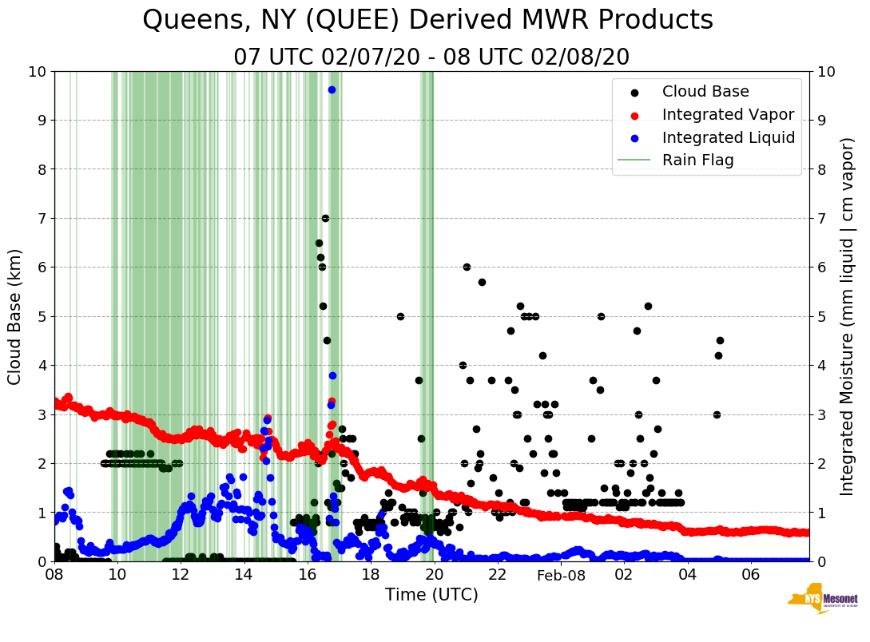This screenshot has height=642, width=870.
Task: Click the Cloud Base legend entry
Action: (705, 92)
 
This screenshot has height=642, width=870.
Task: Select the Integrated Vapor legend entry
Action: (728, 114)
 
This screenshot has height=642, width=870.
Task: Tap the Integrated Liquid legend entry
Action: (729, 137)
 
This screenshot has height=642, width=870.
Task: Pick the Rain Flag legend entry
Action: (697, 160)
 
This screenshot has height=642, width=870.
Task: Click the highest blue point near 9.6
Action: (332, 89)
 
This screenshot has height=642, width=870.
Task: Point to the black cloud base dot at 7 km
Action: (325, 218)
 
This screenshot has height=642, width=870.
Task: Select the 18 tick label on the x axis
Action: (371, 575)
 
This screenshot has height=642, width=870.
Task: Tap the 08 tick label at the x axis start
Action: (54, 575)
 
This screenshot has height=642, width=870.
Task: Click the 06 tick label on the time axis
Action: (750, 575)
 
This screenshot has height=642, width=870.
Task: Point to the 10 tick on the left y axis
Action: (37, 72)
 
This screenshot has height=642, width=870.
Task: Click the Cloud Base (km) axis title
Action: (15, 316)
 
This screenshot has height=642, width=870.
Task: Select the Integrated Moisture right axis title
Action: (848, 316)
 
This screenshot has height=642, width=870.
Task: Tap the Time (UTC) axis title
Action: (431, 595)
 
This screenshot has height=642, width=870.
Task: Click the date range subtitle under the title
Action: (431, 57)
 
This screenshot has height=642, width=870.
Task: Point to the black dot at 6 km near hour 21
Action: (467, 267)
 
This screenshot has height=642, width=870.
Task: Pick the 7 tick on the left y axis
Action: (42, 218)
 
